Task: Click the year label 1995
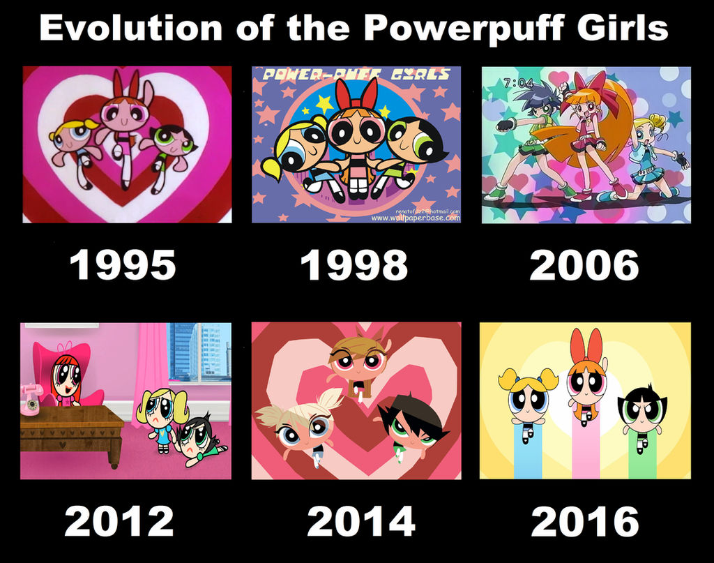coord(123,265)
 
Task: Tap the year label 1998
coord(354,265)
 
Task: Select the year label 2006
coord(584,265)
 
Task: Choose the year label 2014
coord(360,521)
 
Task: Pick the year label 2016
coord(584,521)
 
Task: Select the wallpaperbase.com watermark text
coord(415,218)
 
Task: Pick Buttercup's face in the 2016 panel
coord(641,412)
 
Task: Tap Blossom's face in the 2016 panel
coord(586,382)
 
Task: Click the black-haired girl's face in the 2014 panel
coord(411,426)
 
